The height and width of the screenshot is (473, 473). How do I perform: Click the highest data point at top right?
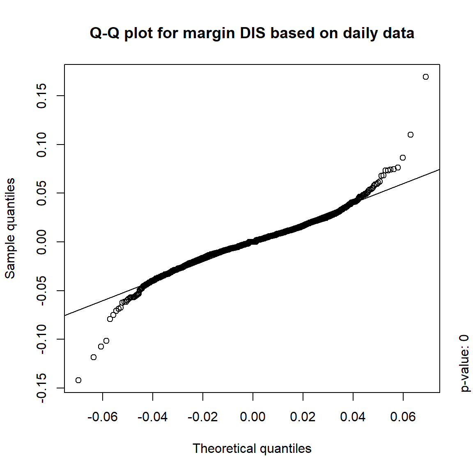(x=425, y=77)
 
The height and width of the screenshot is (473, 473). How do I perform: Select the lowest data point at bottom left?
(x=78, y=380)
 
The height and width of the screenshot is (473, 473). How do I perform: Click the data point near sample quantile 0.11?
(x=410, y=135)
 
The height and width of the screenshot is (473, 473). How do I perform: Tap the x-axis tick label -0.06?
(x=102, y=417)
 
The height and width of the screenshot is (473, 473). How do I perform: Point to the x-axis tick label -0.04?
(x=152, y=417)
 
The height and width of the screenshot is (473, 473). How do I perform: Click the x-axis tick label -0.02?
(x=202, y=417)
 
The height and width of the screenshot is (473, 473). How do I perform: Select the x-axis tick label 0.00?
(x=253, y=417)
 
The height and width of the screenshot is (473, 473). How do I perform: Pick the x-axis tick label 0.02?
(x=303, y=417)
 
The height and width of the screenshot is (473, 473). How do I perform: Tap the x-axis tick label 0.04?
(x=353, y=417)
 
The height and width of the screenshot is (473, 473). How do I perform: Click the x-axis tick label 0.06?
(x=403, y=417)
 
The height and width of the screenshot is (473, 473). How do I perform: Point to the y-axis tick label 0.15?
(x=41, y=96)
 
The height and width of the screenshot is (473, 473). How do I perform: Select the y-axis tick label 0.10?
(x=41, y=145)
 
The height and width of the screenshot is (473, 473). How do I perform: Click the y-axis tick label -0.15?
(x=41, y=388)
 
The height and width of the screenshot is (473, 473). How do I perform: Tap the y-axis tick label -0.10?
(x=41, y=339)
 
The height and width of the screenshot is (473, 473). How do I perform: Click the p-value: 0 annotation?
(x=464, y=363)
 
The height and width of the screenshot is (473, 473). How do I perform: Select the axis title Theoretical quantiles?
(x=252, y=448)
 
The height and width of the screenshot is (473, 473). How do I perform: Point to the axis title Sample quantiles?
(x=10, y=228)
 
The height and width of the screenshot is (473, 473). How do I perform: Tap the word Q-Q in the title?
(x=104, y=33)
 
